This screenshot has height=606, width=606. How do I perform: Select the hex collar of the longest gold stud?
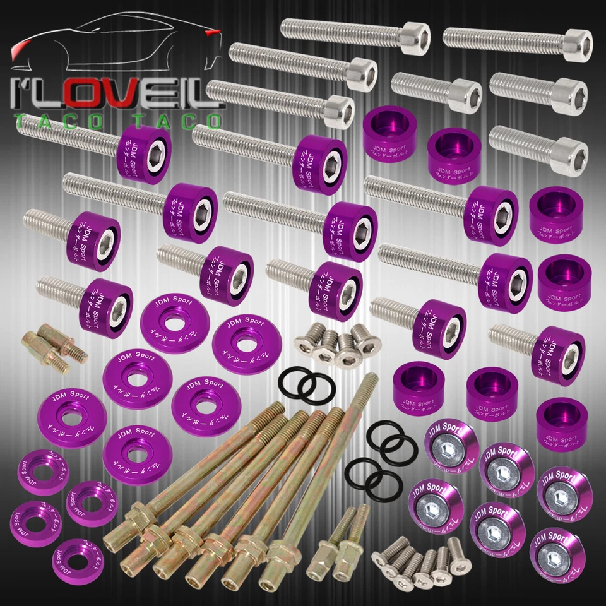coord(280,552)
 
